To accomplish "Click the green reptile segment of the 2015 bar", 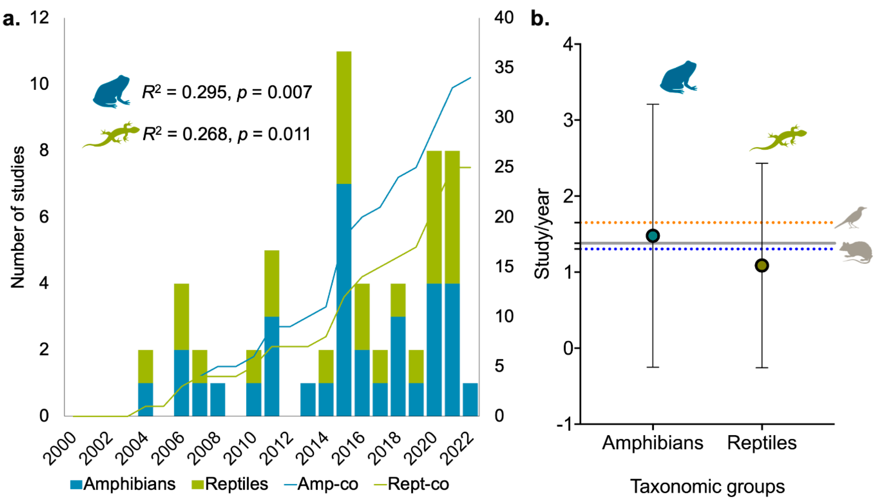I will click(344, 117).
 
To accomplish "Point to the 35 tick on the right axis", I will click(504, 68).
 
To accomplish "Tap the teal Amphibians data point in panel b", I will click(653, 236).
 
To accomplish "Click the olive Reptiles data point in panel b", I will click(762, 266).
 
